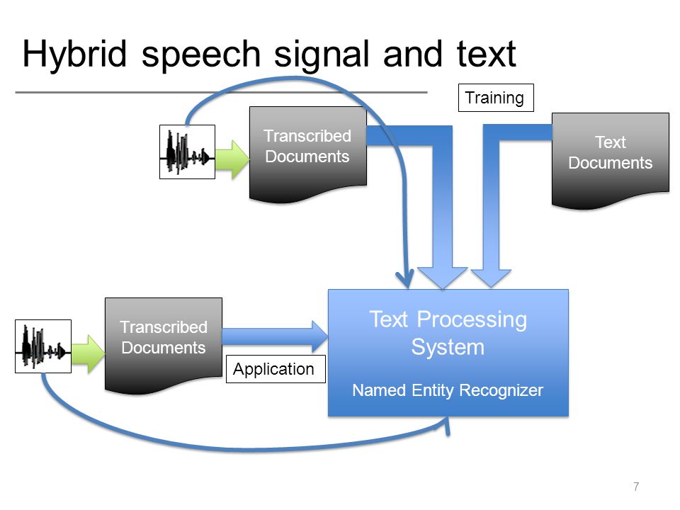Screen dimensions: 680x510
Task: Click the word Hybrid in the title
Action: click(74, 55)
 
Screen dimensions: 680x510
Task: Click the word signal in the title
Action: click(322, 55)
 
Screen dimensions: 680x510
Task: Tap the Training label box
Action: click(496, 98)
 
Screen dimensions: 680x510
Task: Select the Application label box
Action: click(276, 369)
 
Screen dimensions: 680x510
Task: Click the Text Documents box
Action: click(610, 158)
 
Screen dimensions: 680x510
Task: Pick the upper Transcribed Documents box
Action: click(308, 152)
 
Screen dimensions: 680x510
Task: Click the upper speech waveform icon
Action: click(187, 152)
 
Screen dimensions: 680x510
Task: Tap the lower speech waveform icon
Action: click(43, 346)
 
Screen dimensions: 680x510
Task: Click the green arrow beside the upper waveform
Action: click(232, 159)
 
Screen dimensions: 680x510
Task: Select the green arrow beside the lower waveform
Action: click(89, 354)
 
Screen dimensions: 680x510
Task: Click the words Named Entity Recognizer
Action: click(448, 390)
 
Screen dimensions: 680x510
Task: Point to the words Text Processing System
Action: click(448, 333)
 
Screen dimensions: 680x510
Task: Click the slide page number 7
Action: click(636, 487)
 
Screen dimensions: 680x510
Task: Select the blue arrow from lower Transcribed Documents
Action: click(275, 336)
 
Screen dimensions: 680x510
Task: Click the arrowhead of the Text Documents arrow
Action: click(491, 278)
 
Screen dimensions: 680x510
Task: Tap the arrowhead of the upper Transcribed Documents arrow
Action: click(442, 278)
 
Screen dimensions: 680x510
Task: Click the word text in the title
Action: click(486, 55)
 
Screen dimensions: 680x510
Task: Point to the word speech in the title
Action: click(200, 55)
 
